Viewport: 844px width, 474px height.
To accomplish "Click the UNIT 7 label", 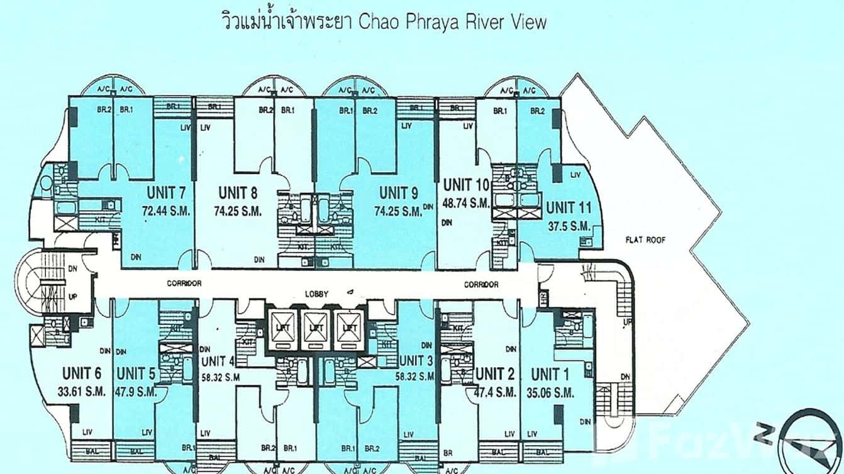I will (166, 192).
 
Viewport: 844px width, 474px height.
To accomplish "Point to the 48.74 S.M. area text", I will (466, 203).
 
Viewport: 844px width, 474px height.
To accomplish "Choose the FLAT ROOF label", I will (645, 240).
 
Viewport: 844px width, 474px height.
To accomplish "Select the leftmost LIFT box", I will (280, 328).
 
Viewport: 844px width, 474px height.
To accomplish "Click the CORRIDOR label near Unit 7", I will (184, 284).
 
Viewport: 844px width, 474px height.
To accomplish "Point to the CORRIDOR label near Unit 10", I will (481, 285).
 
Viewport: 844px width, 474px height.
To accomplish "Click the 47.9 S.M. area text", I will (136, 391).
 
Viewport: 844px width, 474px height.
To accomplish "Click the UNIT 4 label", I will (218, 361).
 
